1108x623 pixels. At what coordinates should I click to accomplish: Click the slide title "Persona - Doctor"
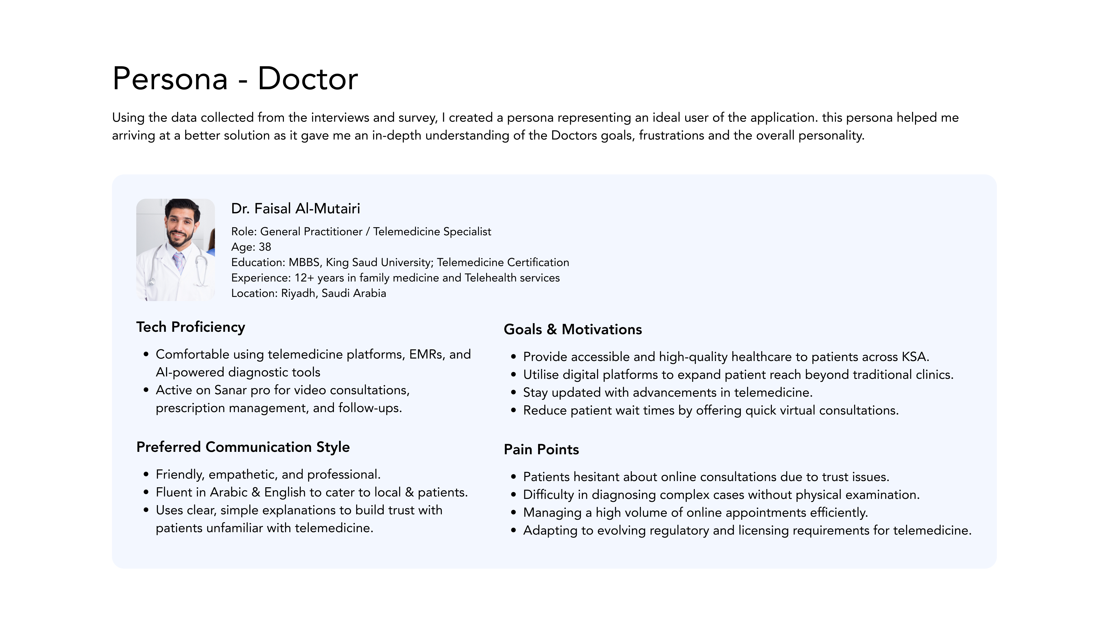pyautogui.click(x=235, y=79)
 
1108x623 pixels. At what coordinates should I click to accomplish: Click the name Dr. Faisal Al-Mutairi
pyautogui.click(x=296, y=209)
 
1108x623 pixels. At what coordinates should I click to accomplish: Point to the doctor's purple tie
pyautogui.click(x=179, y=261)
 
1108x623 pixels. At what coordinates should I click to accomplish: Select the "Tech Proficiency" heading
pyautogui.click(x=191, y=327)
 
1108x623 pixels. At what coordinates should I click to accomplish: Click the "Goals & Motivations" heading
pyautogui.click(x=572, y=330)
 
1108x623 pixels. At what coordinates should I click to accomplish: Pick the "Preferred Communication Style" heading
pyautogui.click(x=243, y=447)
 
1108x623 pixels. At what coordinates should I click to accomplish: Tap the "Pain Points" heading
pyautogui.click(x=541, y=450)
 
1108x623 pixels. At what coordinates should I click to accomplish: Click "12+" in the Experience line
pyautogui.click(x=304, y=278)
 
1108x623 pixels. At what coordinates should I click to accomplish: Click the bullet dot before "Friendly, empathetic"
pyautogui.click(x=146, y=475)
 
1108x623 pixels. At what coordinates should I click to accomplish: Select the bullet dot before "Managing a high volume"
pyautogui.click(x=513, y=513)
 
